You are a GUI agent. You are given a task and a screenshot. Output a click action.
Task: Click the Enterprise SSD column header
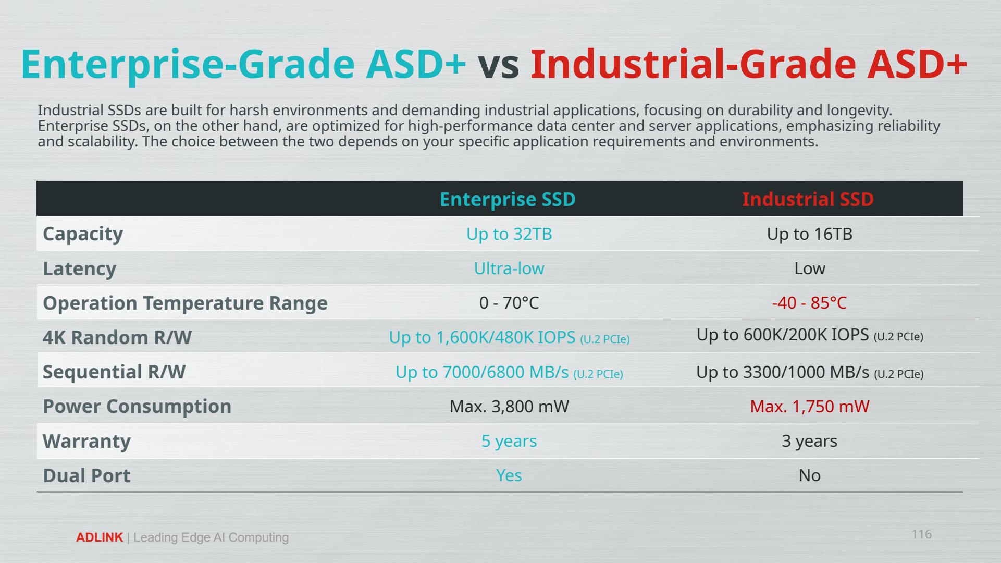point(508,199)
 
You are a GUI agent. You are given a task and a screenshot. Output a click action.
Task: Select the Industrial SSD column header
point(808,199)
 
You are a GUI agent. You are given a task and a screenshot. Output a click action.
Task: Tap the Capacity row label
point(83,234)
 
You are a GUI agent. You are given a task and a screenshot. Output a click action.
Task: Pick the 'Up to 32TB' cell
point(509,234)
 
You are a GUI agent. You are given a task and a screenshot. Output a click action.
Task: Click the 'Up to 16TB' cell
point(809,234)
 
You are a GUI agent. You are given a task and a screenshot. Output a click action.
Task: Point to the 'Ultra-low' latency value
point(509,268)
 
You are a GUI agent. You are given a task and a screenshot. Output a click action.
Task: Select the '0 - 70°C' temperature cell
point(509,303)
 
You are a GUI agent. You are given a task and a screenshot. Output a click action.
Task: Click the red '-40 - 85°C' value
point(809,303)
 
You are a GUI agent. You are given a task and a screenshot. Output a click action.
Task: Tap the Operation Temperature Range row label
point(185,303)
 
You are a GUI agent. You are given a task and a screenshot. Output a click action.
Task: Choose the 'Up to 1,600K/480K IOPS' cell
point(509,338)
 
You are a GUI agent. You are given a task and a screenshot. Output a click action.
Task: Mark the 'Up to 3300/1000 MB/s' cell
point(810,373)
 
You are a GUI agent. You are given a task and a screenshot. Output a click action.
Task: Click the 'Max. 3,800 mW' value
point(509,407)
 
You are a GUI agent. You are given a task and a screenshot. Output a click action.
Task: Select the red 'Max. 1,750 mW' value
point(809,407)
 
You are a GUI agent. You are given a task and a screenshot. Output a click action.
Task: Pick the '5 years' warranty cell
point(509,441)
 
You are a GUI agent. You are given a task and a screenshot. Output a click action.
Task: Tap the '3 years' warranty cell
point(809,441)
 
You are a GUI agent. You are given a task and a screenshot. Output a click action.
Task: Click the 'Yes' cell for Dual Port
point(509,475)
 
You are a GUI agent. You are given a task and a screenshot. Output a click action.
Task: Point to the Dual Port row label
point(86,476)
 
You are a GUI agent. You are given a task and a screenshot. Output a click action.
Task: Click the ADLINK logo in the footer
point(100,537)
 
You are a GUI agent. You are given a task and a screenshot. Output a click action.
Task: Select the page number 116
point(921,534)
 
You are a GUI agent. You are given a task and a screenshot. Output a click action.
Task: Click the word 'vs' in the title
point(499,64)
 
